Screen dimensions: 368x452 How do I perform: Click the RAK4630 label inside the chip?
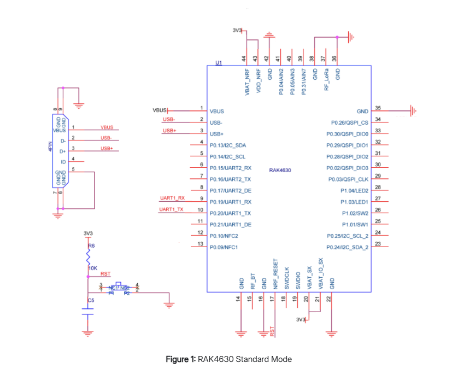click(280, 170)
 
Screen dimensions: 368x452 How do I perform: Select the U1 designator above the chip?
click(219, 63)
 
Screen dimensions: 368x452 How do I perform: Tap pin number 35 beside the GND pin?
click(378, 108)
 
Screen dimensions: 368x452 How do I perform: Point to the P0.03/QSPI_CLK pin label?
click(347, 179)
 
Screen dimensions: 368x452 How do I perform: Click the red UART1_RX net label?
click(172, 197)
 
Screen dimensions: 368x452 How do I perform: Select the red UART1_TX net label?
click(172, 209)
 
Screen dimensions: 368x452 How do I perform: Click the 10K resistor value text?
click(92, 268)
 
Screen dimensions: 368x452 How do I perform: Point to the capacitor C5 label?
click(91, 300)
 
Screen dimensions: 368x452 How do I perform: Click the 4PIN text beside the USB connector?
click(50, 149)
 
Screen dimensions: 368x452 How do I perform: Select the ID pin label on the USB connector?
click(63, 162)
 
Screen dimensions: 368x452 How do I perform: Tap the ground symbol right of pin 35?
click(414, 111)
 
